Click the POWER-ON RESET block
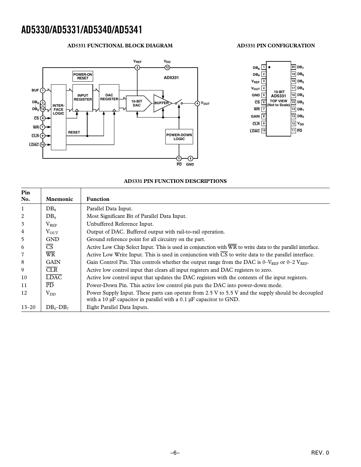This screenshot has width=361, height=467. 83,76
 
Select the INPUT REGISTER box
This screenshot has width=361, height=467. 83,98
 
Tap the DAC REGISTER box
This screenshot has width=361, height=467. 109,97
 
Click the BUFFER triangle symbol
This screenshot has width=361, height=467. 161,103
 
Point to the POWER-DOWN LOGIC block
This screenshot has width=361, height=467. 179,137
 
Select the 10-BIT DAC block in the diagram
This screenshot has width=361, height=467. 137,103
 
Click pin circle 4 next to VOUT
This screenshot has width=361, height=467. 197,104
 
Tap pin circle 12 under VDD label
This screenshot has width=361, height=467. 167,68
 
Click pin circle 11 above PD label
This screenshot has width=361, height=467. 179,158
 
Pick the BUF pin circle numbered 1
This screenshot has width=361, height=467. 43,90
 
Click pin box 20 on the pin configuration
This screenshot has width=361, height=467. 293,67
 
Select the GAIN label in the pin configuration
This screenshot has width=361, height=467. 255,116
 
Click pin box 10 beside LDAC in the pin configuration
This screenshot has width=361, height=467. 264,130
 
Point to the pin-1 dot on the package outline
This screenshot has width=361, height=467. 270,67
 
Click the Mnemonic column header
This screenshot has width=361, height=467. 59,199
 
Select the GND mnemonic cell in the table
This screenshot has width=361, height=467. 53,239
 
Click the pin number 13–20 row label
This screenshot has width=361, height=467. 28,307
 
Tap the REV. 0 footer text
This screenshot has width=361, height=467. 320,453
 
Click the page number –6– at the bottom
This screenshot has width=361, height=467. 175,453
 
